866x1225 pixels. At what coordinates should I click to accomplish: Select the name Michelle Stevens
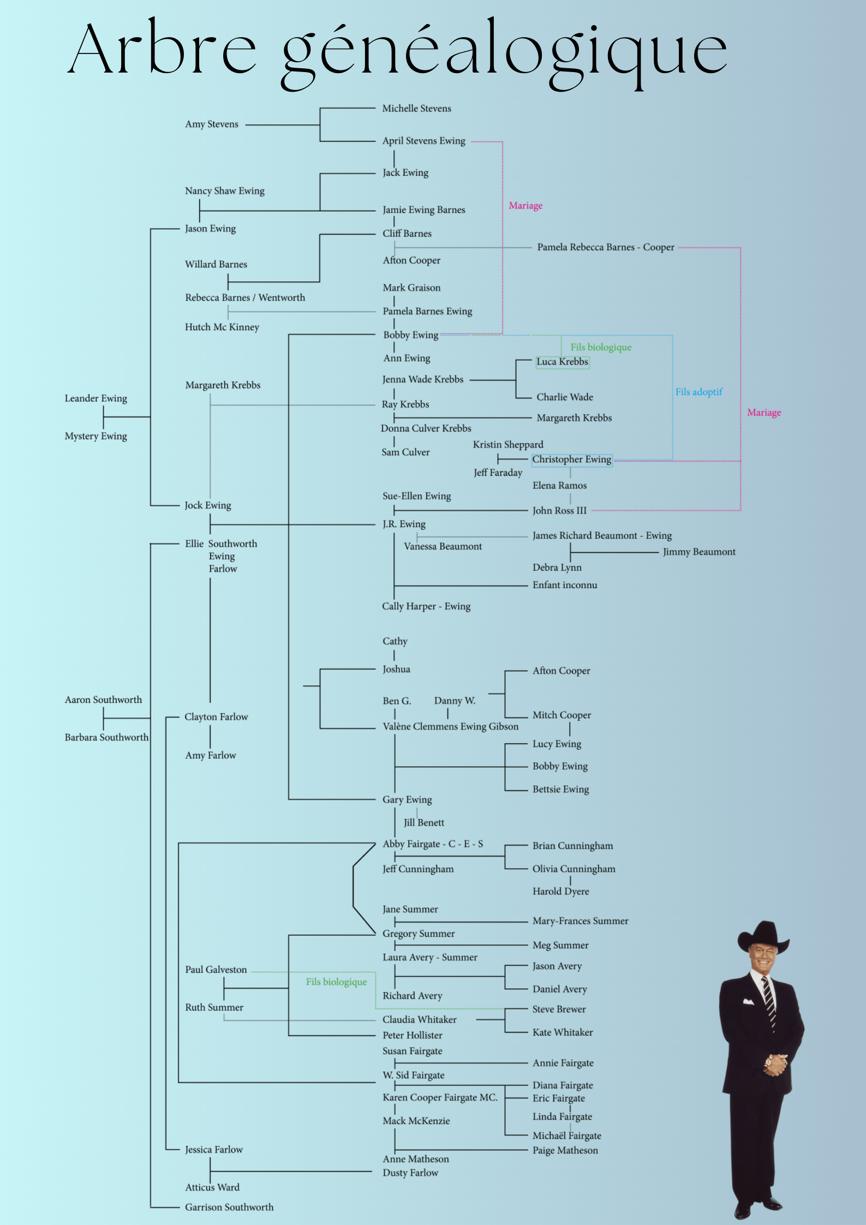[416, 109]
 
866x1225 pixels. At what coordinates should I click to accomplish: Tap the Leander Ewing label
[96, 398]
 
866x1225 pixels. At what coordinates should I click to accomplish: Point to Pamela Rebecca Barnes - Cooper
[606, 247]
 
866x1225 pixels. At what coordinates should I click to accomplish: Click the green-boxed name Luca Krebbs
[562, 362]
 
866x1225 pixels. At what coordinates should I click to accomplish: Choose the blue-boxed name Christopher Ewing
[571, 460]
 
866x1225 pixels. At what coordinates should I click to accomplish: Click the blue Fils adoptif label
[698, 392]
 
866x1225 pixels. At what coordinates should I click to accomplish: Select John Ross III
[559, 511]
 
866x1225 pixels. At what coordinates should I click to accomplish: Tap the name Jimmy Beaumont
[699, 552]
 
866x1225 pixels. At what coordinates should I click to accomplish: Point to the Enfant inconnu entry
[565, 585]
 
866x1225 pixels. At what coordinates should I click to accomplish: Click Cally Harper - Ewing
[426, 607]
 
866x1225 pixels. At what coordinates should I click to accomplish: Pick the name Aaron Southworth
[103, 700]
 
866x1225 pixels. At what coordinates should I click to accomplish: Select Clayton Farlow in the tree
[216, 717]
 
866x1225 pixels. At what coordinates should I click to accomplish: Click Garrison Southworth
[229, 1208]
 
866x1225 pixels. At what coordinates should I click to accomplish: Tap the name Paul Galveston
[216, 970]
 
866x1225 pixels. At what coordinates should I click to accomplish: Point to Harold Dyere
[561, 892]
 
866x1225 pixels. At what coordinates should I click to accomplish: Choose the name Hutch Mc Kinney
[222, 327]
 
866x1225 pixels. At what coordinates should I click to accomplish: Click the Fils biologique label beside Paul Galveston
[336, 982]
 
